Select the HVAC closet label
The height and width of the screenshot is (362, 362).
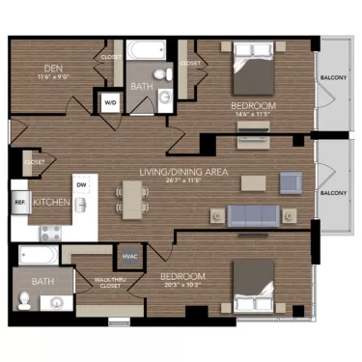pos(128,256)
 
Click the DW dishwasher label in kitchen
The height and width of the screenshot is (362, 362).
pos(81,184)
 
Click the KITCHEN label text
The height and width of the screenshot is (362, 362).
pos(50,202)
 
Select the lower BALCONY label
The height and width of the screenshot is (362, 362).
pos(333,193)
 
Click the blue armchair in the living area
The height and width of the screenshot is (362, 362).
pos(291,181)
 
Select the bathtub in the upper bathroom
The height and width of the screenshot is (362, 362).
pos(148,49)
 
